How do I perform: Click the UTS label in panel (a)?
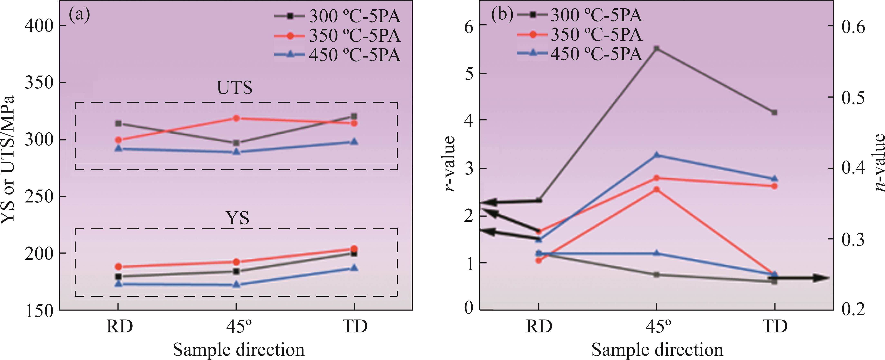[235, 88]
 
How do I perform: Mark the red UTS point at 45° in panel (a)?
[236, 118]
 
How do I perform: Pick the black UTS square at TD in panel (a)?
[354, 116]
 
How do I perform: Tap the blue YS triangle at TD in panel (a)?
[354, 268]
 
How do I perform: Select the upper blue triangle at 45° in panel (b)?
[657, 155]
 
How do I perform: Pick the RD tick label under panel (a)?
[119, 326]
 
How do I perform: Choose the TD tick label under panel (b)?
[775, 326]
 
